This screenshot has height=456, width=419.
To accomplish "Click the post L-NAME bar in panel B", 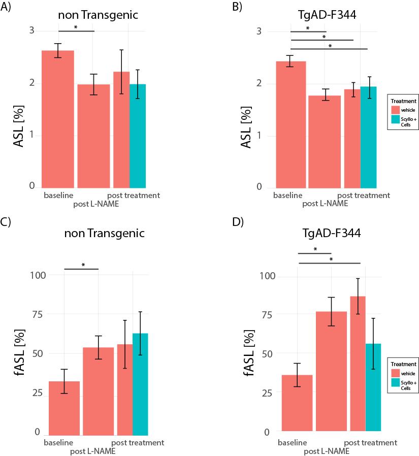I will coord(326,142).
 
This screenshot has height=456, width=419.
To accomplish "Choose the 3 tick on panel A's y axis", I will coord(31,30).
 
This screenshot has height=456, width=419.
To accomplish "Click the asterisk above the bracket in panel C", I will coord(83,265).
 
